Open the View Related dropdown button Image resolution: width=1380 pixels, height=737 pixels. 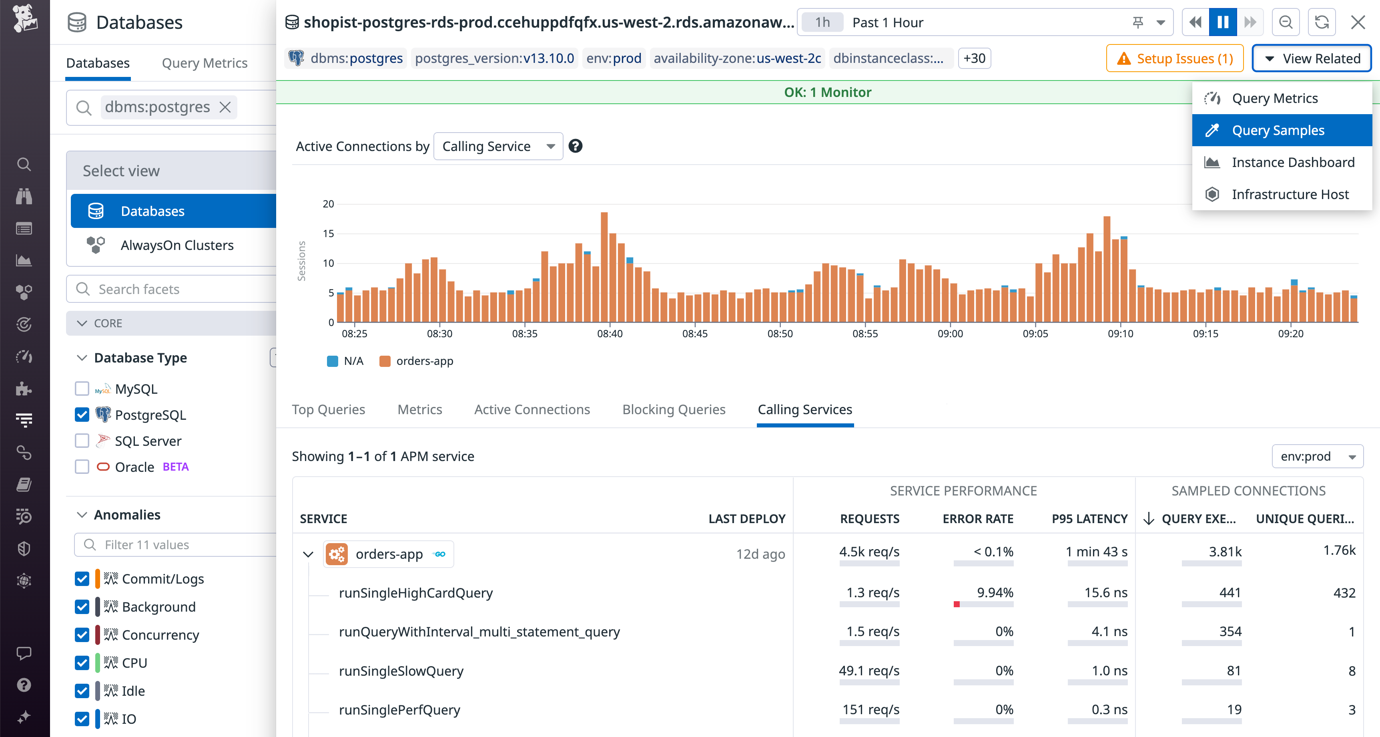(1312, 58)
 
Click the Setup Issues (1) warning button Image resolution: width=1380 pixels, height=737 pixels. (1175, 58)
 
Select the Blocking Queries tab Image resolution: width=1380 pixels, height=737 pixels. (674, 409)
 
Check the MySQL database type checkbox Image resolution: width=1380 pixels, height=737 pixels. (82, 389)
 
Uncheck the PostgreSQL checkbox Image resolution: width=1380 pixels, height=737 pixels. (82, 415)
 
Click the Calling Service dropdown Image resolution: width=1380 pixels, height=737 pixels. (497, 146)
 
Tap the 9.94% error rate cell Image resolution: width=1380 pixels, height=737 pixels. (995, 593)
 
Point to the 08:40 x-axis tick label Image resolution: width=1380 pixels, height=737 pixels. (610, 333)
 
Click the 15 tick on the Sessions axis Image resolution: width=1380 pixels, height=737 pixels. (329, 234)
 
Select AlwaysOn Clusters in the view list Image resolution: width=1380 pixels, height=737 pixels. (177, 246)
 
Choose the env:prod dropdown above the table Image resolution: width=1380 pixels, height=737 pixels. (1317, 456)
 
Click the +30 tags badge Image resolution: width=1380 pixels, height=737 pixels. (974, 58)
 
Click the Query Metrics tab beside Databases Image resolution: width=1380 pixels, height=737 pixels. (204, 63)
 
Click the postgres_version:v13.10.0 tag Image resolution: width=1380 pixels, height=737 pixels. (494, 58)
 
